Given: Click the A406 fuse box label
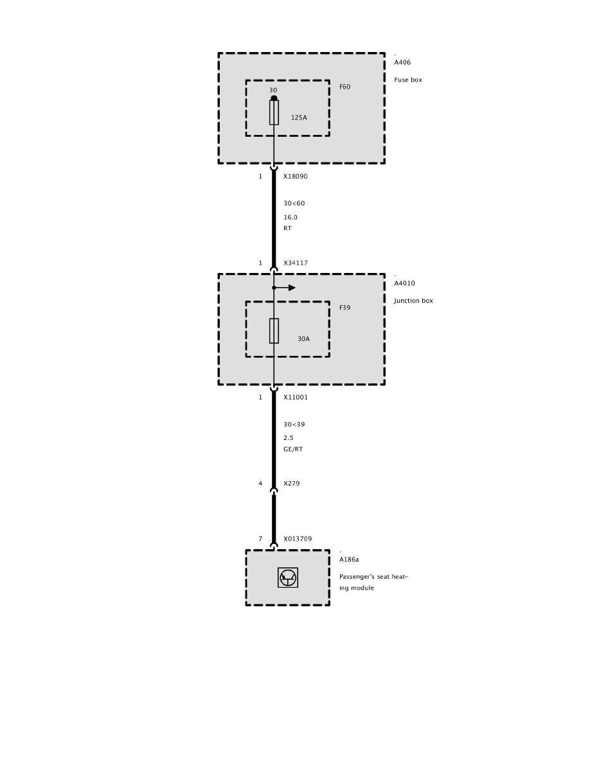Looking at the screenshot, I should [x=402, y=63].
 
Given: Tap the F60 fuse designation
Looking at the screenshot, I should [x=345, y=86].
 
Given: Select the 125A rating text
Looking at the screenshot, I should [x=299, y=118].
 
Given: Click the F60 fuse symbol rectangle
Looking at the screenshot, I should [x=274, y=112].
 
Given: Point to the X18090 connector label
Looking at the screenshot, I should [x=296, y=176].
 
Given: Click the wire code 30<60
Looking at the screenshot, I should [x=294, y=204].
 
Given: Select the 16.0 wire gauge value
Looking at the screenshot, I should [x=291, y=217].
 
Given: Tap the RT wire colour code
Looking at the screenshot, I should [x=287, y=228].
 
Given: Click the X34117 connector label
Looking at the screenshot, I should [x=296, y=263].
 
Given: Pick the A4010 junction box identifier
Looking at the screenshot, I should [x=405, y=283].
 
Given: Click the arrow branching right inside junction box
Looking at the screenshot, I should [x=287, y=288].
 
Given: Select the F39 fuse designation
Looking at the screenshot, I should [x=345, y=308].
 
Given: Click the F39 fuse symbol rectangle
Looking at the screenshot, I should [x=274, y=331].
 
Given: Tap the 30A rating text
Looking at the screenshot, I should [x=303, y=338].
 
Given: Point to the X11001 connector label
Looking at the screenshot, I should [x=296, y=398].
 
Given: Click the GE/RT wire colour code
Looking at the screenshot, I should [x=293, y=449].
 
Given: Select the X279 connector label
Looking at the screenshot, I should [x=291, y=484].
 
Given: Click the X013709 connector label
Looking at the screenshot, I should [x=298, y=539].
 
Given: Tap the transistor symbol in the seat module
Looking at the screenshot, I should [x=287, y=578].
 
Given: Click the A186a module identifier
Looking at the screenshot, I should [x=349, y=559].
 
